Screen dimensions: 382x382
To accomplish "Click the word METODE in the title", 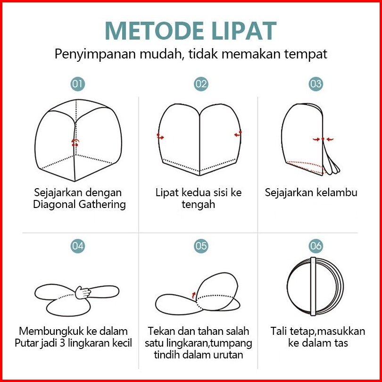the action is pyautogui.click(x=154, y=31).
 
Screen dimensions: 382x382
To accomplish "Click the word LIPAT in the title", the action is pyautogui.click(x=244, y=31).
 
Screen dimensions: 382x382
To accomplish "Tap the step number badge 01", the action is pyautogui.click(x=78, y=84).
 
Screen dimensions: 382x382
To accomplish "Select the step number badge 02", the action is pyautogui.click(x=201, y=84).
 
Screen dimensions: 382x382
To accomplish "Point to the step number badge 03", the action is pyautogui.click(x=316, y=84).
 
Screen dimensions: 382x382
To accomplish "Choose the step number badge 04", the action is pyautogui.click(x=78, y=246).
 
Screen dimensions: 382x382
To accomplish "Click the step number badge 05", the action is pyautogui.click(x=201, y=246).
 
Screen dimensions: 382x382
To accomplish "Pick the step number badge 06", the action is pyautogui.click(x=316, y=246).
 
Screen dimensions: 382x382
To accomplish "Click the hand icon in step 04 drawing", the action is pyautogui.click(x=83, y=292).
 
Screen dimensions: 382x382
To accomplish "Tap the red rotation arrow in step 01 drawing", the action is pyautogui.click(x=75, y=142).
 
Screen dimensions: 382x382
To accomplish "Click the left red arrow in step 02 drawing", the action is pyautogui.click(x=160, y=137).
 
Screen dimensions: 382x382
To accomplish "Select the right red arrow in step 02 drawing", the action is pyautogui.click(x=238, y=134).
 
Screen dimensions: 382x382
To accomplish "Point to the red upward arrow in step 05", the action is pyautogui.click(x=194, y=295).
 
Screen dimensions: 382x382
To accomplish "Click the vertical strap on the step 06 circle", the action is pyautogui.click(x=313, y=287).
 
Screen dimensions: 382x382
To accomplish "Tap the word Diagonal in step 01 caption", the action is pyautogui.click(x=54, y=204).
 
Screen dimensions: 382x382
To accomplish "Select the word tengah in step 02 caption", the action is pyautogui.click(x=198, y=205).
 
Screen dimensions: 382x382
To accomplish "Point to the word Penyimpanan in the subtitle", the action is pyautogui.click(x=95, y=54).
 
